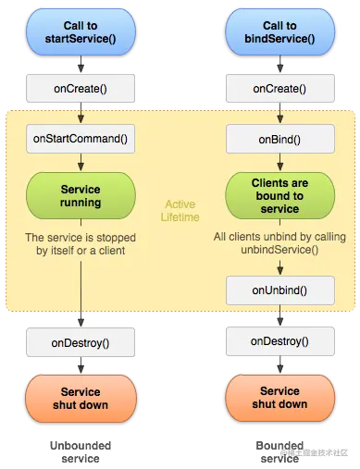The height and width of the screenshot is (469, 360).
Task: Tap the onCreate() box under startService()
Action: (81, 89)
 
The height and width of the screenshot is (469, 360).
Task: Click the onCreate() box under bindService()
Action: (279, 89)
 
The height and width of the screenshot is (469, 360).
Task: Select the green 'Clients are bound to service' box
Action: (279, 196)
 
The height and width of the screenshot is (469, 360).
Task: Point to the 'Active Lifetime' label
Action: (180, 210)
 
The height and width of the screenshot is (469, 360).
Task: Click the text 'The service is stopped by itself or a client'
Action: (81, 244)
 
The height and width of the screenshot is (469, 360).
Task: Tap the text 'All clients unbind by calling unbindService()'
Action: (279, 244)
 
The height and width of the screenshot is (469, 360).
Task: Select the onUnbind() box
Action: (279, 290)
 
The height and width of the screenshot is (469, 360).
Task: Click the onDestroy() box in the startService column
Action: (81, 342)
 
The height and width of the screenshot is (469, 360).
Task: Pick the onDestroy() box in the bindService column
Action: (279, 341)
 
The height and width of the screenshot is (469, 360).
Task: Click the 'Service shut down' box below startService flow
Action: (81, 399)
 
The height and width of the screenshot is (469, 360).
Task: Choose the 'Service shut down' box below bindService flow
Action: (279, 399)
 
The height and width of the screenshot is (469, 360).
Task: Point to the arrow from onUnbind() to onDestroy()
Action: (279, 315)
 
